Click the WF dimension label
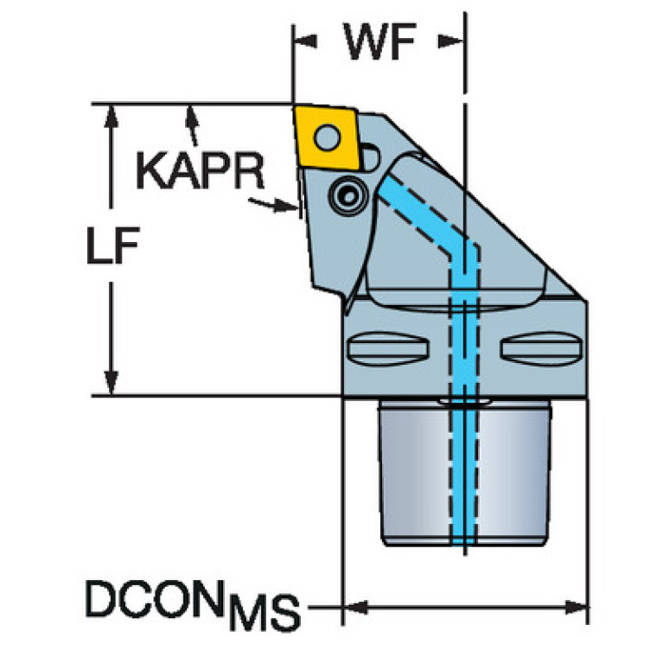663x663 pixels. click(380, 41)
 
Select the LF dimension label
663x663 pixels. click(113, 245)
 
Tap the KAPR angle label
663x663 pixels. click(200, 171)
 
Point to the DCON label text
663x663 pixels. click(155, 598)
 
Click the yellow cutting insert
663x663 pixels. click(327, 137)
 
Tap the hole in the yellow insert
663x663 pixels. click(328, 137)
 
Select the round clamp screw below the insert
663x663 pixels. click(349, 195)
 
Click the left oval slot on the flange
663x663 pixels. click(388, 349)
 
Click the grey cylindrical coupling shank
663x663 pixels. click(465, 472)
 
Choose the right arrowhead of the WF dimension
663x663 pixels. click(450, 41)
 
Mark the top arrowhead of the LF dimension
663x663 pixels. click(112, 117)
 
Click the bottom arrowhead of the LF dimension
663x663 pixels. click(112, 382)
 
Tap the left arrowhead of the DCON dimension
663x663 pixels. click(355, 608)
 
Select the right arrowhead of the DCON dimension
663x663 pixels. click(576, 608)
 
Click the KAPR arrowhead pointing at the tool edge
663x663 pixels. click(286, 206)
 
